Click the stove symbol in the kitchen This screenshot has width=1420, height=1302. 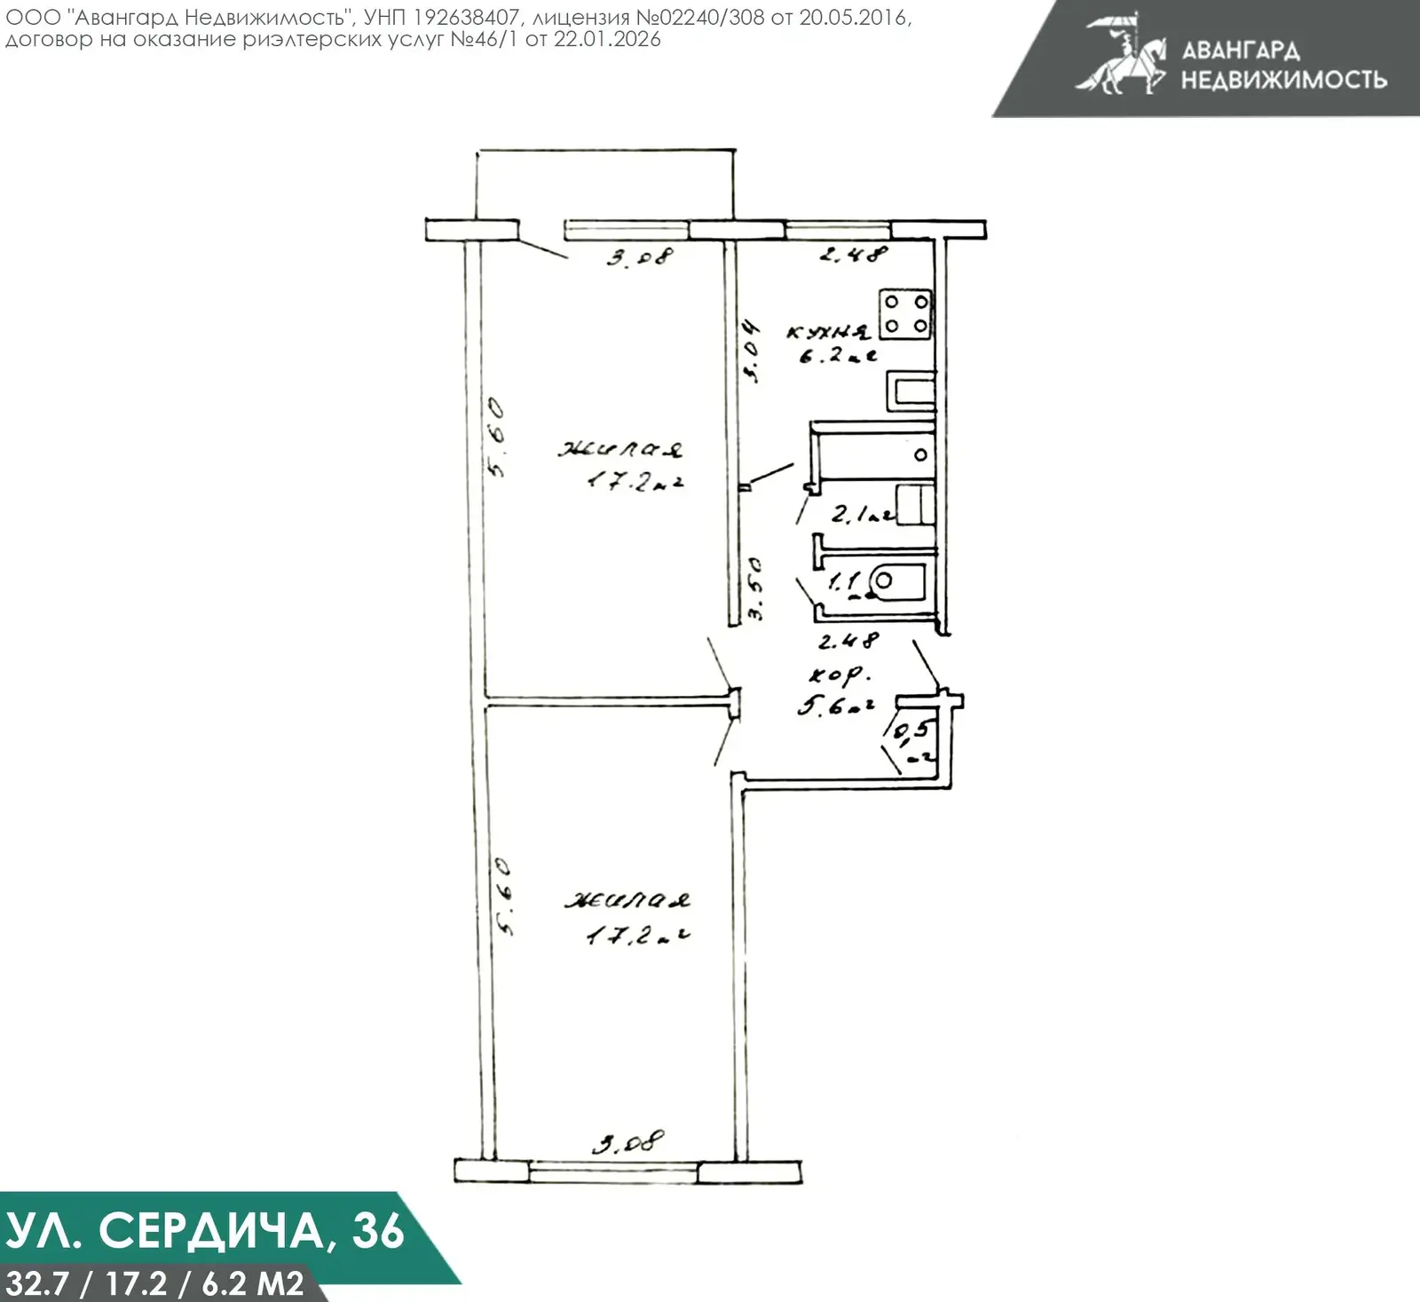point(906,314)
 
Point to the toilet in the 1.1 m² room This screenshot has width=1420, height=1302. point(896,581)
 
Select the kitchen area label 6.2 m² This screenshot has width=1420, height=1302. point(837,357)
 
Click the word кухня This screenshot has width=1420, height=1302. point(828,332)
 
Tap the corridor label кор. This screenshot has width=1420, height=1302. point(836,675)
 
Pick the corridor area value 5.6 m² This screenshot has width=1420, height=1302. point(835,706)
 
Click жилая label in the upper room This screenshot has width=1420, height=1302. point(620,449)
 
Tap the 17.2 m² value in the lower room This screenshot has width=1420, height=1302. point(638,935)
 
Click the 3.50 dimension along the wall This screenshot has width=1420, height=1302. point(754,588)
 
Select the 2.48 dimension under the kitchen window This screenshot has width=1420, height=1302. point(852,255)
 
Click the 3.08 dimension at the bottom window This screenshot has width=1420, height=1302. point(628,1142)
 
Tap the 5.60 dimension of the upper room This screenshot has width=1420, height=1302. point(496,437)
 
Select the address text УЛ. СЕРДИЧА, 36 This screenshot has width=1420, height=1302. point(205,1231)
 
